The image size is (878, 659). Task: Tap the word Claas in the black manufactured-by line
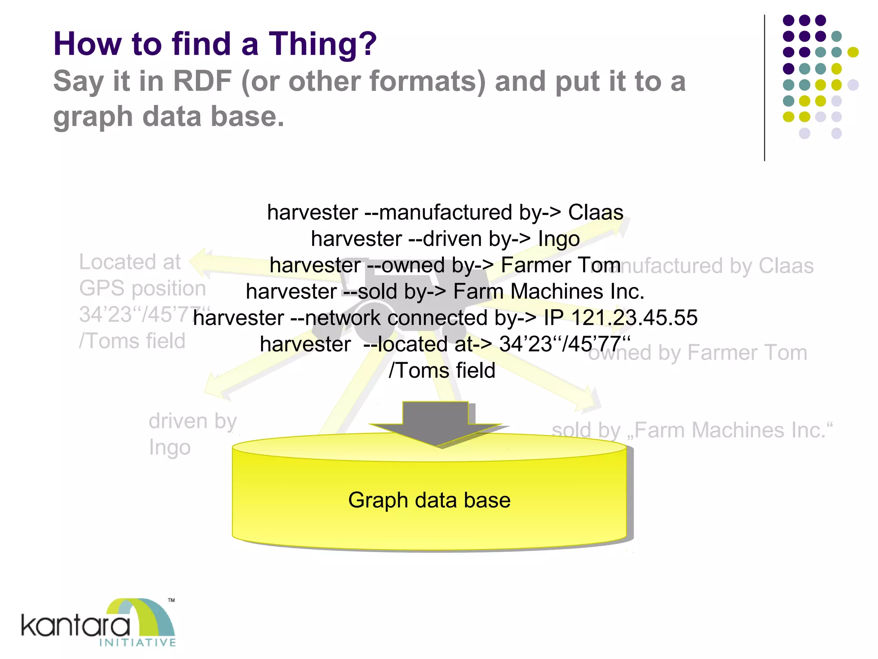(x=595, y=212)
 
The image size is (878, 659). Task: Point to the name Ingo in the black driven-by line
(x=559, y=239)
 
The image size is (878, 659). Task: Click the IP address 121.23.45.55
(x=634, y=318)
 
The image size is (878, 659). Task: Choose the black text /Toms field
(x=442, y=371)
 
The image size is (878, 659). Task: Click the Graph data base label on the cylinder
(x=429, y=500)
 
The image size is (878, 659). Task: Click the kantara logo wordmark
(x=75, y=626)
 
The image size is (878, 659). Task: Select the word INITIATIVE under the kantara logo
(x=137, y=643)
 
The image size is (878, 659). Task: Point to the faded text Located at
(x=130, y=262)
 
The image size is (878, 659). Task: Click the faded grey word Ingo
(x=170, y=448)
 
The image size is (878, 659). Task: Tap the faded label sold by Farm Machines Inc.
(x=692, y=430)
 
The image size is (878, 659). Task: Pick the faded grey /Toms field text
(x=132, y=342)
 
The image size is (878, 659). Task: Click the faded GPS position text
(x=142, y=288)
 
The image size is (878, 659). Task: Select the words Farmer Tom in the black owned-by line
(x=560, y=265)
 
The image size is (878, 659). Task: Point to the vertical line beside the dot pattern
(x=764, y=88)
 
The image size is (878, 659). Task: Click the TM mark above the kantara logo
(x=171, y=600)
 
